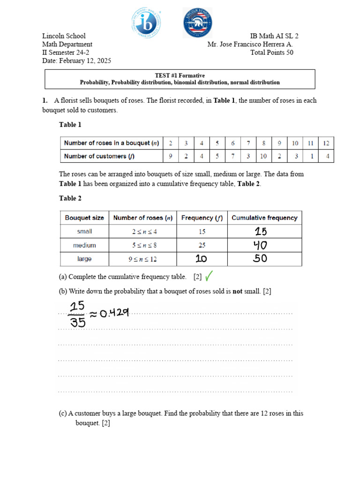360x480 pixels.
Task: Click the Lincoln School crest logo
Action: coord(197,22)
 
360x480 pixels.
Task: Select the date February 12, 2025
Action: coord(76,61)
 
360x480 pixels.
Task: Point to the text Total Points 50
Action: coord(272,52)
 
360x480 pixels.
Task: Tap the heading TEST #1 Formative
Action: coord(180,75)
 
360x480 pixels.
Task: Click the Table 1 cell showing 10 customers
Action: coord(263,156)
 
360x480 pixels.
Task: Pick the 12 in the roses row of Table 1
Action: coord(326,143)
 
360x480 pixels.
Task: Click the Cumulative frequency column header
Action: coord(264,217)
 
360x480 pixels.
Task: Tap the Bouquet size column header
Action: coord(84,217)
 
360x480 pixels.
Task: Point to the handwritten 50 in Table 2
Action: coord(261,259)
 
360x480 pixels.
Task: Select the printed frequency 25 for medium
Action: coord(202,245)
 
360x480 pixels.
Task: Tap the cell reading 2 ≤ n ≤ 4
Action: coord(142,231)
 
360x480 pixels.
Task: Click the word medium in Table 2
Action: coord(84,245)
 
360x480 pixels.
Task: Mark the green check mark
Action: coord(209,276)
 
